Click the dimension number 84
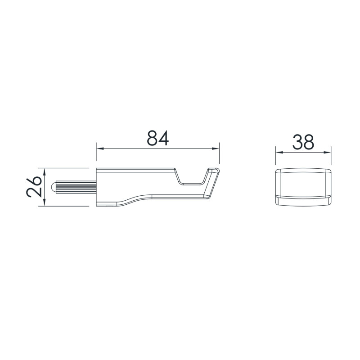[158, 138]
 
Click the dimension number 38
[303, 142]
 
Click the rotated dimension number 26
[34, 187]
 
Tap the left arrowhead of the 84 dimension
[100, 149]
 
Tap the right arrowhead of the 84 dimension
[216, 149]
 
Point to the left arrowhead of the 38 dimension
[279, 152]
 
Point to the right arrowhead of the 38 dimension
[327, 152]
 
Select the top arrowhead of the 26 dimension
[45, 172]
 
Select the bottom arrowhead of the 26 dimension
[45, 202]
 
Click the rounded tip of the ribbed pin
[53, 187]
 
